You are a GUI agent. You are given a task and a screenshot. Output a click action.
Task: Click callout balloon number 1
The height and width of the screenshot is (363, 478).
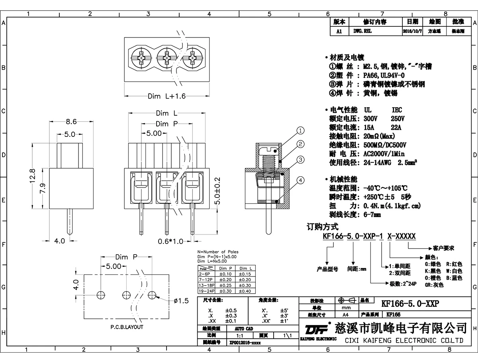click(300, 130)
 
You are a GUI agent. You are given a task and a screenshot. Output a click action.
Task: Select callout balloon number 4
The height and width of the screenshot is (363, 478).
click(300, 180)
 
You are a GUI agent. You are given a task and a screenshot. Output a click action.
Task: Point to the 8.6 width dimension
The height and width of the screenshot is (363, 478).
click(71, 121)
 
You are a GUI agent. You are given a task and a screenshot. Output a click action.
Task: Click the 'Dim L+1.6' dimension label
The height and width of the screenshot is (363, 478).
click(167, 96)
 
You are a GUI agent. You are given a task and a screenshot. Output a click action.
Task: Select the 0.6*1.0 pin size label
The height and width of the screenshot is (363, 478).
click(170, 241)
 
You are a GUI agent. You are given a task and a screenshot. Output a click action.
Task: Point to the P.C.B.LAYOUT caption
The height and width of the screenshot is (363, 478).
click(127, 327)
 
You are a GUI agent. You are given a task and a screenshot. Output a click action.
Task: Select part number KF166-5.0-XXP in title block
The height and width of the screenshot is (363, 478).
click(410, 304)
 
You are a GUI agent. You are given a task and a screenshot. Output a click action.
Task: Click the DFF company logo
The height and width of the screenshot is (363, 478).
click(316, 329)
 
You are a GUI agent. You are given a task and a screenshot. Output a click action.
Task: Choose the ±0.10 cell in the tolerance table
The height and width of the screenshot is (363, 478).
click(225, 275)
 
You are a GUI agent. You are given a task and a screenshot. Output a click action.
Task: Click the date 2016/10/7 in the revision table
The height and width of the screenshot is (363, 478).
click(410, 31)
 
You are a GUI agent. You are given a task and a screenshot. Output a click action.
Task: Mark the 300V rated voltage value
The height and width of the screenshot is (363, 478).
click(372, 118)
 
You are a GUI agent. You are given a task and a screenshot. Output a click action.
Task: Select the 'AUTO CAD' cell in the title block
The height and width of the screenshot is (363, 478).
click(244, 329)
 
